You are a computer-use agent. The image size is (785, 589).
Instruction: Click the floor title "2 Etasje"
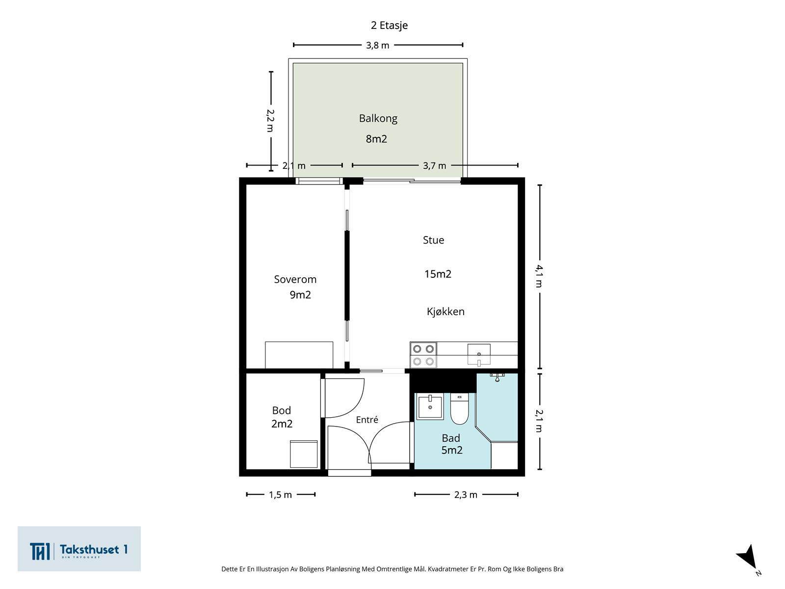[x=389, y=26]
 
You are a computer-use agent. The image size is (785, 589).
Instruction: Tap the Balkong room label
[x=378, y=118]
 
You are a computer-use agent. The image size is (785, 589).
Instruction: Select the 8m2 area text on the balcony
[x=376, y=139]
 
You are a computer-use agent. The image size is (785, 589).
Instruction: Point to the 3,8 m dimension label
[x=377, y=46]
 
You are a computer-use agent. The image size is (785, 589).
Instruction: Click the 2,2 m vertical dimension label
[x=270, y=121]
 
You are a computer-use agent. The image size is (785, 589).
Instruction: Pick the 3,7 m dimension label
[x=435, y=165]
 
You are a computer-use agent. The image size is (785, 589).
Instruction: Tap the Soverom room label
[x=295, y=279]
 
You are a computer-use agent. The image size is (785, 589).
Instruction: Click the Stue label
[x=433, y=240]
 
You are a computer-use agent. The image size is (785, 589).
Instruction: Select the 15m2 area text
[x=438, y=274]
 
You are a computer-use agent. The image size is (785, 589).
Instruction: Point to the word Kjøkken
[x=445, y=312]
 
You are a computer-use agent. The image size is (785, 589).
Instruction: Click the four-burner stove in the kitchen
[x=423, y=355]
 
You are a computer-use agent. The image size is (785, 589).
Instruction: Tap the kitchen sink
[x=479, y=355]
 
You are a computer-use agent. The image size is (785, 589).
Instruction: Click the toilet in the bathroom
[x=460, y=408]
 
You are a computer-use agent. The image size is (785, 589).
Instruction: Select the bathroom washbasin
[x=430, y=406]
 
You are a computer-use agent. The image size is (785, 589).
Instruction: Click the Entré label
[x=367, y=420]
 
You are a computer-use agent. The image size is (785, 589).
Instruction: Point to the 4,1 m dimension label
[x=539, y=276]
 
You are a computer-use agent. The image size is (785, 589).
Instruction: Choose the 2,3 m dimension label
[x=466, y=495]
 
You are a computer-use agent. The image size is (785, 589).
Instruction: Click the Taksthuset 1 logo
[x=79, y=549]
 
